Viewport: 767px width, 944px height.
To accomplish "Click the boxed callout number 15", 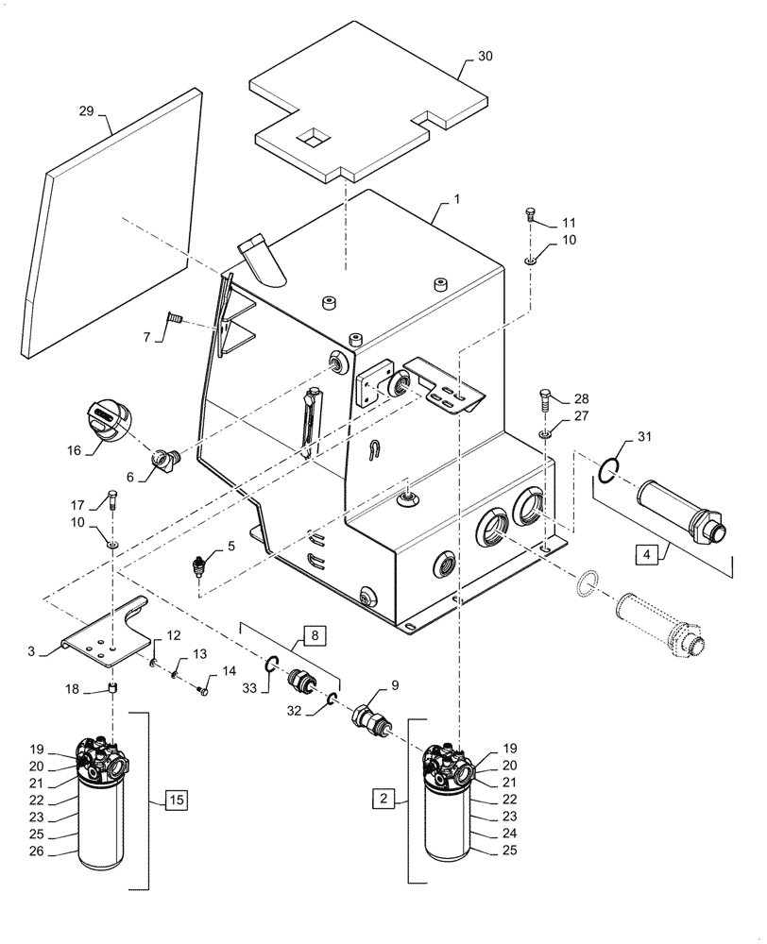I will point(177,801).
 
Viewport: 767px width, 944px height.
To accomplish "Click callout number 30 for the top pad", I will point(485,56).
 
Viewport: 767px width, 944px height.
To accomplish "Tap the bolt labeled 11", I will point(531,215).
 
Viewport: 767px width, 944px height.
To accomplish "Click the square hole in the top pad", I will point(312,139).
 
